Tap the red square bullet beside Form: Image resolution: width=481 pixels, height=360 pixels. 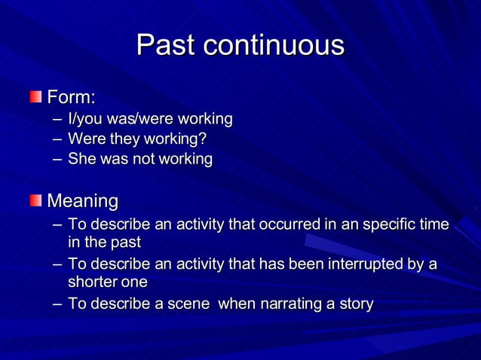(37, 97)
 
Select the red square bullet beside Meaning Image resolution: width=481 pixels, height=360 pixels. (37, 201)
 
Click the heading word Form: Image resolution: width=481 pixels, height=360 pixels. (72, 98)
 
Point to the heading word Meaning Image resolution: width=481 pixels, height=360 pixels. (83, 202)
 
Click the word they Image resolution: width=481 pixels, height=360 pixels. (121, 139)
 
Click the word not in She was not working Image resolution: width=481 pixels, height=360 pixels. (140, 159)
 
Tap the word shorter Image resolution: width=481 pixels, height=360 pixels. (93, 282)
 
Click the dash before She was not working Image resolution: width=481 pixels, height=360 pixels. (57, 159)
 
